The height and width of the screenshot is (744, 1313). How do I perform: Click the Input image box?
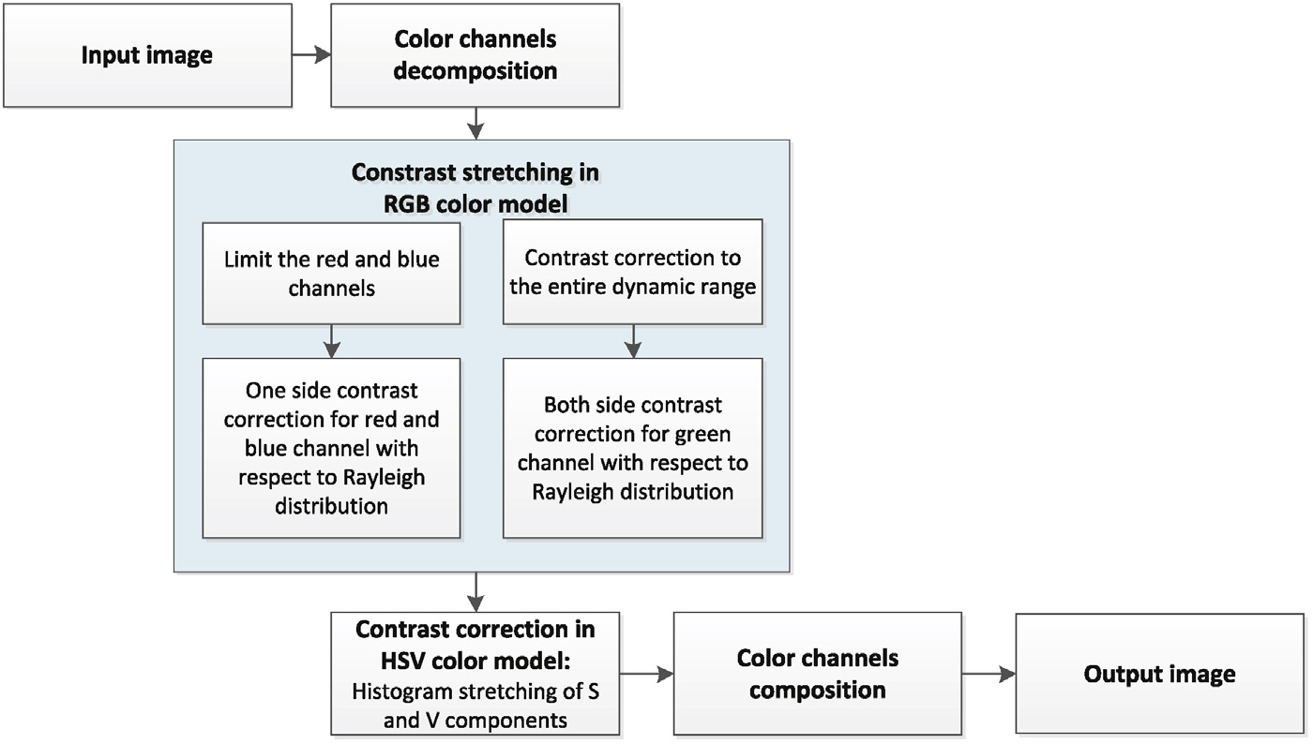pos(146,55)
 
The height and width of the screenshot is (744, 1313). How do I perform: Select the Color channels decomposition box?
pos(475,55)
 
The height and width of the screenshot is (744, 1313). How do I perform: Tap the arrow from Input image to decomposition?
pos(310,55)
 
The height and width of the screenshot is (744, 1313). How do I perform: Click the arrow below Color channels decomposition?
pos(477,123)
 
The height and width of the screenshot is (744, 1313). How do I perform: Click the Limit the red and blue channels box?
pos(331,273)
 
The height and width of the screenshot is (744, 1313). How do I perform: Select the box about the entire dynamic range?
pos(632,273)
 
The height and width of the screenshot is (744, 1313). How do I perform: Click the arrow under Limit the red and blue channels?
pos(331,341)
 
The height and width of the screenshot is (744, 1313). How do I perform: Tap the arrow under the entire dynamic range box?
pos(633,341)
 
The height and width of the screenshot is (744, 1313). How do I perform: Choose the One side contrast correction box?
pos(331,448)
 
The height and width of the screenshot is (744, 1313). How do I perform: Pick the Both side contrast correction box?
pos(632,448)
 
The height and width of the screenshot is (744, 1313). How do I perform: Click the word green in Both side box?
pos(701,434)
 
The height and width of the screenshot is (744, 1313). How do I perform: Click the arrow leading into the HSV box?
pos(477,592)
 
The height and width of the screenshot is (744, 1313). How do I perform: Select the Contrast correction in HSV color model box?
pos(475,673)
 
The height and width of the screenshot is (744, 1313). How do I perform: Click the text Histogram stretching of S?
pos(475,693)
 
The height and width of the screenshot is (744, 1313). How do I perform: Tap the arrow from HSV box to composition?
pos(646,674)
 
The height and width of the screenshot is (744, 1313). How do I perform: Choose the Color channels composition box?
pos(817,674)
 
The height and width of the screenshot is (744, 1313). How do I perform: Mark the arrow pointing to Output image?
pos(989,674)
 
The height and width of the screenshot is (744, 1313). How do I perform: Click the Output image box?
pos(1159,674)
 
